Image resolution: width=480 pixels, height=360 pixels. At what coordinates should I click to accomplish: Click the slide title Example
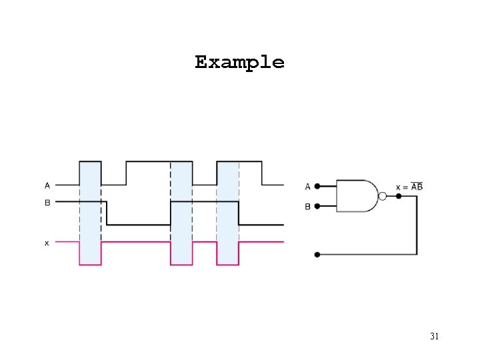[x=239, y=63]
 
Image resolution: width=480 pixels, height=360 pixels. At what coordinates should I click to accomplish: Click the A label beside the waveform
[x=47, y=185]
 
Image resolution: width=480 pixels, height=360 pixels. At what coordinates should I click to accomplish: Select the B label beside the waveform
[x=47, y=201]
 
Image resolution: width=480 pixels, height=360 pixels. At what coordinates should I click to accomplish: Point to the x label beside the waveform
[x=47, y=243]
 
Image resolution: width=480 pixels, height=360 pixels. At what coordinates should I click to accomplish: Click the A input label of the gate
[x=307, y=186]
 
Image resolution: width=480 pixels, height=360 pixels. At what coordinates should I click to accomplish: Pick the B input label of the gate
[x=307, y=207]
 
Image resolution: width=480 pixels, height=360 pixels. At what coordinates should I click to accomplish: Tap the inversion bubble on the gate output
[x=382, y=196]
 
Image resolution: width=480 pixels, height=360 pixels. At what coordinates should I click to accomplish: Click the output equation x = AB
[x=409, y=187]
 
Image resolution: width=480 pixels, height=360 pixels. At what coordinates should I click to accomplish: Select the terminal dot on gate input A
[x=317, y=186]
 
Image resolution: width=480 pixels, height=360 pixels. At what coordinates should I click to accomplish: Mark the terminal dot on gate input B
[x=317, y=207]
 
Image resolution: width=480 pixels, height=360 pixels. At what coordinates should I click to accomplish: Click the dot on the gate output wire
[x=399, y=196]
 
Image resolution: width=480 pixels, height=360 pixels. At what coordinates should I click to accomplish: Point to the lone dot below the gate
[x=317, y=254]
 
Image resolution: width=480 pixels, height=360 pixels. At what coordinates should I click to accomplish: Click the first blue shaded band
[x=90, y=213]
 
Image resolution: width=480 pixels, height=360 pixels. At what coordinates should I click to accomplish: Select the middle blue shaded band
[x=181, y=213]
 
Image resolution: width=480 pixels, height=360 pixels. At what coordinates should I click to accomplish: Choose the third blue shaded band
[x=227, y=213]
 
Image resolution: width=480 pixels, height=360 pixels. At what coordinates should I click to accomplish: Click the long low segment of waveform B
[x=139, y=225]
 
